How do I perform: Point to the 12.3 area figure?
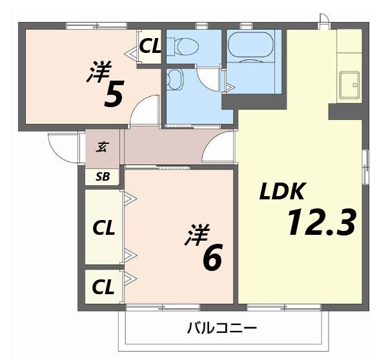coord(321,223)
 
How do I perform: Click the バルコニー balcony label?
coord(222,328)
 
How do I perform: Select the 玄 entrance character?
coord(102,146)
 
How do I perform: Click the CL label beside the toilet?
coord(150,46)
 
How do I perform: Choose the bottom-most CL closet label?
coord(103,286)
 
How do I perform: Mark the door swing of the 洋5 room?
coord(145,110)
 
